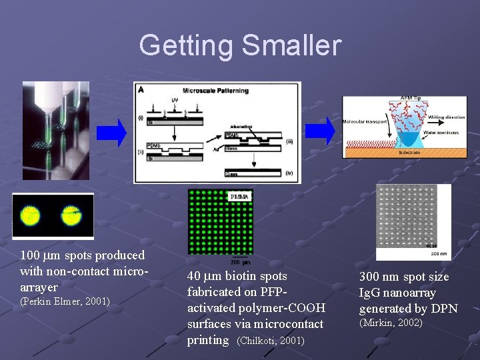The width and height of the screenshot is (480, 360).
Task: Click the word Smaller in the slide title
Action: coord(291,46)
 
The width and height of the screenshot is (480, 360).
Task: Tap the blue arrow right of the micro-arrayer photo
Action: coord(111,133)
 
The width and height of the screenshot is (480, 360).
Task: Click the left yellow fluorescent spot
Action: coord(31,215)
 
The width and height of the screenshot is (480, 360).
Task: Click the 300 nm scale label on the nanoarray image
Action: coord(440,255)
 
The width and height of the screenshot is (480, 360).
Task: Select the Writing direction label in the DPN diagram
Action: coord(446,117)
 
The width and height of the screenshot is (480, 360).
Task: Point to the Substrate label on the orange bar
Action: coord(409,152)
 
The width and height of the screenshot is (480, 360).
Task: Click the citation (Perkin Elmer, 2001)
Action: coord(65,302)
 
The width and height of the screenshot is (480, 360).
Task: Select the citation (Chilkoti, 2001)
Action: coord(271,341)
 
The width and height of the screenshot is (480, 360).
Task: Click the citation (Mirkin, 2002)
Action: coord(391,323)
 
